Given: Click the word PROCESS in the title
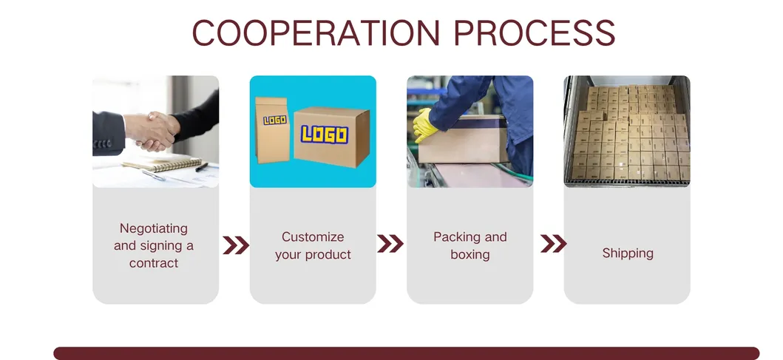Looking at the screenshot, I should point(534,33).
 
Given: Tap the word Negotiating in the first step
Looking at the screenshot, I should point(154,228).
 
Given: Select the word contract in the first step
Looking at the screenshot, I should point(154,262).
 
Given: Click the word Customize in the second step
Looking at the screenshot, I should point(313,237).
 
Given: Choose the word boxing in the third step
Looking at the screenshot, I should point(470,254).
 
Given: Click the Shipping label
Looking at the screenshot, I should point(628,254).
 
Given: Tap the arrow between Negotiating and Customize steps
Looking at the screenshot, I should point(236,245).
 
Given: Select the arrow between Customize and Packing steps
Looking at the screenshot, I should point(390,244).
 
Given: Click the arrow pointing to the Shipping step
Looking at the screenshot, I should point(553,244).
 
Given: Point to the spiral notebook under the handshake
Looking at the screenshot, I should point(163,164).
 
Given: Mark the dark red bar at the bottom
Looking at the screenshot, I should point(406,353).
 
